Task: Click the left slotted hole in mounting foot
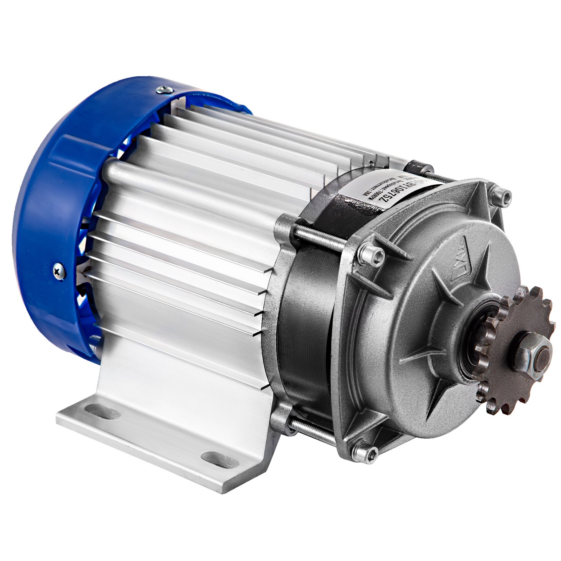pos(97,408)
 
